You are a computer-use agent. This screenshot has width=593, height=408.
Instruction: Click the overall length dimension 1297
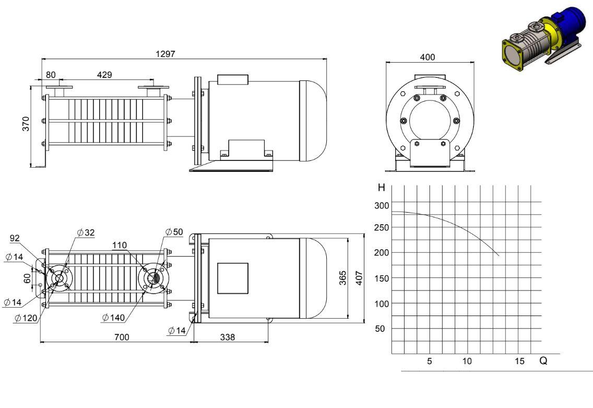pyautogui.click(x=165, y=54)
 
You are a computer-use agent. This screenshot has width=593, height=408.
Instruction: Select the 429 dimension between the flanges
pyautogui.click(x=104, y=75)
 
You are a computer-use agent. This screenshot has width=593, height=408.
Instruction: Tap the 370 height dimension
pyautogui.click(x=26, y=124)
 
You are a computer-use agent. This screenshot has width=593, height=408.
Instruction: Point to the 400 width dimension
pyautogui.click(x=428, y=57)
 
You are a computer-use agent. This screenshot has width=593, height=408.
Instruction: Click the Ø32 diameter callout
pyautogui.click(x=86, y=232)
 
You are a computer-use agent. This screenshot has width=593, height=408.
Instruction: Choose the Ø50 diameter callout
pyautogui.click(x=174, y=231)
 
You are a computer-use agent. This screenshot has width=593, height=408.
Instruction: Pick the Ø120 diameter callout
pyautogui.click(x=26, y=318)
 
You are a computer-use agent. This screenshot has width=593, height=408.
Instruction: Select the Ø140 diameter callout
pyautogui.click(x=113, y=317)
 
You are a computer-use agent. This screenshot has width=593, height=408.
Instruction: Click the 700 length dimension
pyautogui.click(x=122, y=337)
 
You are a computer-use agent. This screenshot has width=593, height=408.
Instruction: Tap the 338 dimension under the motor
pyautogui.click(x=227, y=337)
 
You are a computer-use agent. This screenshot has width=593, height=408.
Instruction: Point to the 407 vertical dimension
pyautogui.click(x=359, y=278)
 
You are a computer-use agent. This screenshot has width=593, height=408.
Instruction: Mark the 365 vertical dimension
pyautogui.click(x=342, y=278)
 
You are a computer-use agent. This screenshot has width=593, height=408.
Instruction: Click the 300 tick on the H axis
pyautogui.click(x=382, y=205)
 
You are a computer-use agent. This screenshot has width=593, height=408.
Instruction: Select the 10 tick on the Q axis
pyautogui.click(x=467, y=361)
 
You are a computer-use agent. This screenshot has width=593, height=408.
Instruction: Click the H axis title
pyautogui.click(x=381, y=188)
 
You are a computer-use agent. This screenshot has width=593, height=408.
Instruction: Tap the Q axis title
pyautogui.click(x=543, y=360)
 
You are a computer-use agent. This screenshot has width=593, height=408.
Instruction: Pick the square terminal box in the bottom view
pyautogui.click(x=233, y=278)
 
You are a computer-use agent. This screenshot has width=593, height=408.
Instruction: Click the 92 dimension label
pyautogui.click(x=15, y=238)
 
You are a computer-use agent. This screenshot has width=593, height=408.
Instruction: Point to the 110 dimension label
pyautogui.click(x=120, y=245)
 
